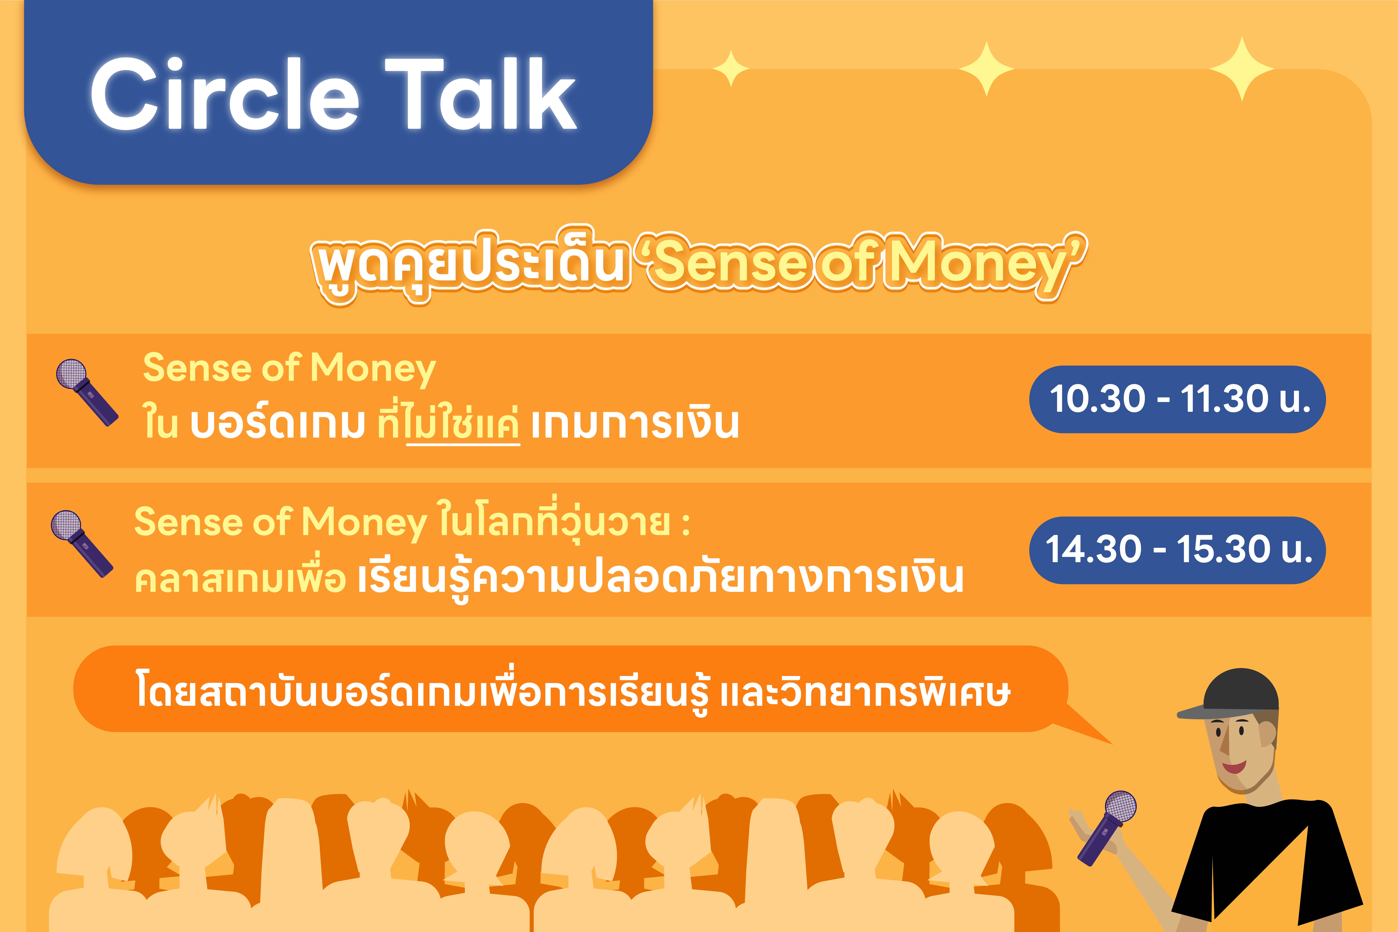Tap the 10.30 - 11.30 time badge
pyautogui.click(x=1177, y=399)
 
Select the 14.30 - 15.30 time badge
pyautogui.click(x=1177, y=550)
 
